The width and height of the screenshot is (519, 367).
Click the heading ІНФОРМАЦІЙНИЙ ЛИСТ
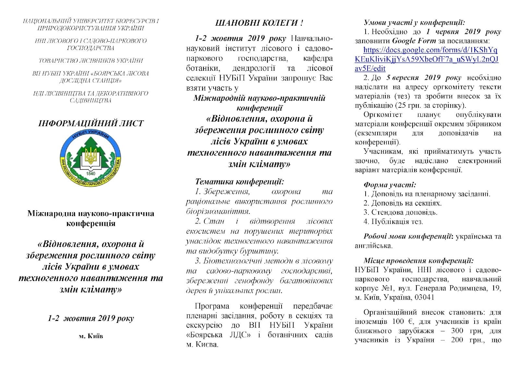pyautogui.click(x=91, y=123)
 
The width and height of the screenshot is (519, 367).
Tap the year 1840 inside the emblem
pyautogui.click(x=91, y=174)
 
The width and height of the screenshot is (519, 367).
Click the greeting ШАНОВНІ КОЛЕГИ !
pyautogui.click(x=259, y=23)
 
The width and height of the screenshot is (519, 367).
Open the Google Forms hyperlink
pyautogui.click(x=427, y=59)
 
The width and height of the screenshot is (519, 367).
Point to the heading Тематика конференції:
pyautogui.click(x=240, y=182)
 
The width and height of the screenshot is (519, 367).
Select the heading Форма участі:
pyautogui.click(x=390, y=185)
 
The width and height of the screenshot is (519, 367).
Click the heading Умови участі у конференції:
pyautogui.click(x=414, y=22)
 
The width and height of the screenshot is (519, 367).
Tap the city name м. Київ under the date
pyautogui.click(x=91, y=336)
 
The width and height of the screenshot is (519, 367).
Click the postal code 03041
pyautogui.click(x=424, y=297)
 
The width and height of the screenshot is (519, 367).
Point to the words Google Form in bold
pyautogui.click(x=414, y=41)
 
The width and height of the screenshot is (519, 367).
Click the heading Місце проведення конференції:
pyautogui.click(x=418, y=261)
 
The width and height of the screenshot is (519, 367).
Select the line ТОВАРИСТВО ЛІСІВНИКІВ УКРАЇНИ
pyautogui.click(x=91, y=61)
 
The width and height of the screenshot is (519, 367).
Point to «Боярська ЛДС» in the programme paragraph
pyautogui.click(x=218, y=335)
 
